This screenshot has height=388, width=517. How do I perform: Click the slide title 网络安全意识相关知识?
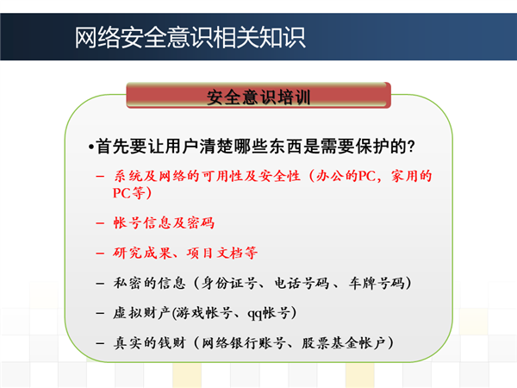point(190,38)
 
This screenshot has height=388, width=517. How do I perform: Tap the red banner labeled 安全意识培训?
point(258,96)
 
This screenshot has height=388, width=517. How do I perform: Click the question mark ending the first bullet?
point(411,147)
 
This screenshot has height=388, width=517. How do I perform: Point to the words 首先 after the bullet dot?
point(112,147)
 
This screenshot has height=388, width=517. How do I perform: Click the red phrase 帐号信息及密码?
point(164,223)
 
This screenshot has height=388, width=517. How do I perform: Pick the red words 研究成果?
point(142,253)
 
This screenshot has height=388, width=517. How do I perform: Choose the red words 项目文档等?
point(222,253)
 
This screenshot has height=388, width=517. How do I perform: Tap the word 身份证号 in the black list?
point(229,283)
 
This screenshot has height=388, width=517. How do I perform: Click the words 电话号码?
point(302,283)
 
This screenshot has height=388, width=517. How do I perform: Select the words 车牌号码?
point(377,283)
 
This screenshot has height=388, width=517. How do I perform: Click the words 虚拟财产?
point(141,313)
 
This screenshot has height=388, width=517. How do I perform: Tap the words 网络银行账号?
point(243,343)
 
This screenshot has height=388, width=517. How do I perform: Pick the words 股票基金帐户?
point(344,343)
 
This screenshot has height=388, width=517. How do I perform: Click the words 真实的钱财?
point(150,343)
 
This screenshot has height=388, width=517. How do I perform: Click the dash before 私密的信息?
point(100,284)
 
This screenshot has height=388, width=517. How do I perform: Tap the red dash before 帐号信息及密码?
point(100,223)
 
